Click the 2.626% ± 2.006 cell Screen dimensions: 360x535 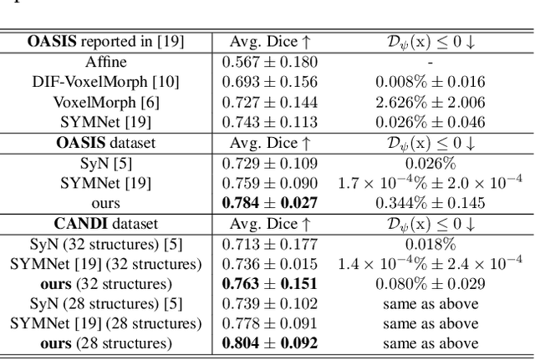tap(430, 101)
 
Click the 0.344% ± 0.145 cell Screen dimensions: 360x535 tap(430, 202)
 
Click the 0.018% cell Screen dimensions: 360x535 tap(430, 243)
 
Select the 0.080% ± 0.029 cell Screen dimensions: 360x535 tap(430, 283)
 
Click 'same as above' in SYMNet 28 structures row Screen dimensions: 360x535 tap(430, 323)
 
